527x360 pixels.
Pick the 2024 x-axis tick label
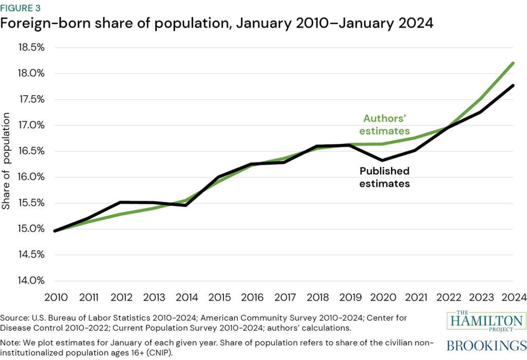(513, 297)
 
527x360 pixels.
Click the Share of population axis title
(7, 164)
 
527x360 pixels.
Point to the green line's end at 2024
(513, 63)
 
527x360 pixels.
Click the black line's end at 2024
(513, 85)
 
